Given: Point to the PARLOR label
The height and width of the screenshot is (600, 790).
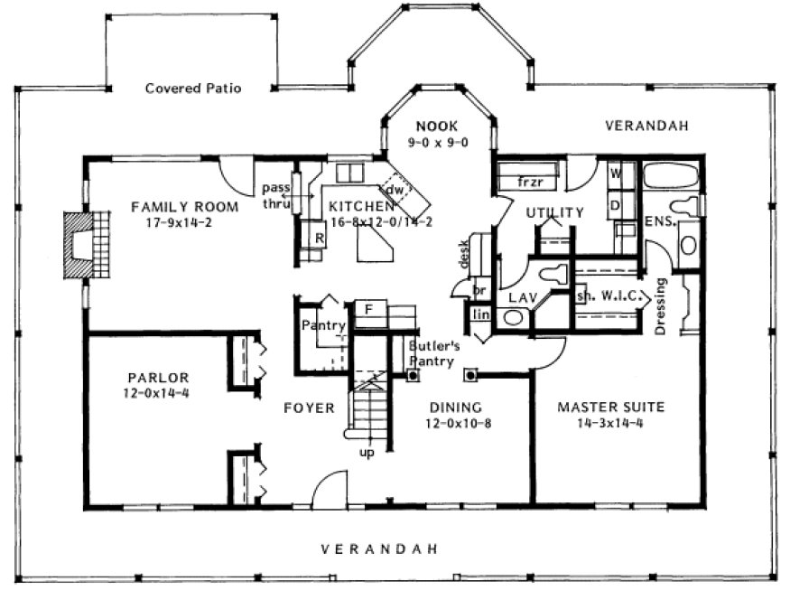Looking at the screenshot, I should [x=152, y=378].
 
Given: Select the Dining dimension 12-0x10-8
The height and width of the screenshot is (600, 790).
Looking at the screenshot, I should [x=455, y=423].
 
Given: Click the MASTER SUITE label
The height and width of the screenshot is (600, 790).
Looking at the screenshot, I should [x=610, y=408].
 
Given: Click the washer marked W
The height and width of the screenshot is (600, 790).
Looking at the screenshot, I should [x=615, y=172].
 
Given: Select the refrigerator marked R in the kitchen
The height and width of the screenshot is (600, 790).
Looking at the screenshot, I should [x=319, y=239].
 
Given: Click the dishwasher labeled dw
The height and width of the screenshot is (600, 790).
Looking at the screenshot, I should [x=395, y=191].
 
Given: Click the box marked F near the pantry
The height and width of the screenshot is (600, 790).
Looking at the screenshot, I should [x=368, y=309].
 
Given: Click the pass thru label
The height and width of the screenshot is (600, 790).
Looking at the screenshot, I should [x=274, y=195].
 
